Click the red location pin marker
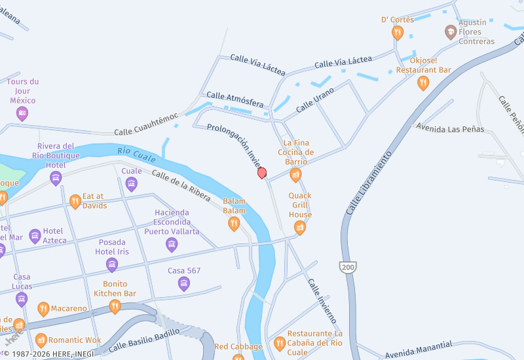point(262,173)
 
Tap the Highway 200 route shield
point(347,267)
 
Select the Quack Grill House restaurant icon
point(300,227)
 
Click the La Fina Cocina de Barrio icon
point(295,175)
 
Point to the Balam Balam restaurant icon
point(234,224)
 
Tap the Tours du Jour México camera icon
point(22,113)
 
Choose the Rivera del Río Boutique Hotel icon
point(56,177)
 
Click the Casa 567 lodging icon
point(184,283)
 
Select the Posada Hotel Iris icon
point(112,264)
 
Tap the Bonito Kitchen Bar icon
point(115,306)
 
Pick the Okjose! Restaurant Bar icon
point(423,82)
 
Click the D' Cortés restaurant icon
point(398,32)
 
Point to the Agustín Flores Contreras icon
point(451,31)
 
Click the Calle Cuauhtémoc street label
point(146,124)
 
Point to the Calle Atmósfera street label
point(235,99)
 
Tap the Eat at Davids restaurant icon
point(75,201)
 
